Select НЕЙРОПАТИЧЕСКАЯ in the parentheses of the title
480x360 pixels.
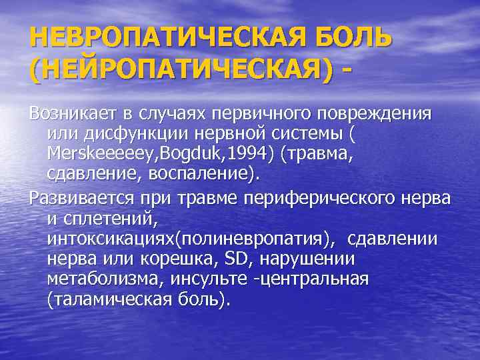click(x=179, y=69)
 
